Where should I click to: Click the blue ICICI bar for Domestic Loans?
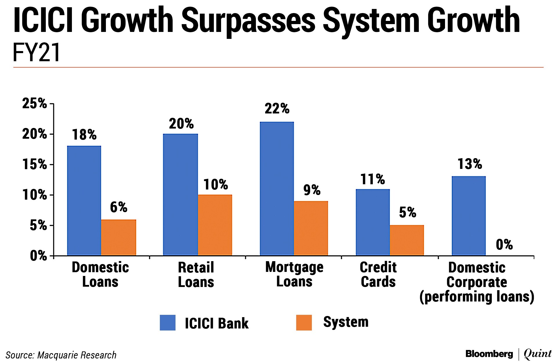click(x=84, y=201)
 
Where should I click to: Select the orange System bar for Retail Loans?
click(x=215, y=225)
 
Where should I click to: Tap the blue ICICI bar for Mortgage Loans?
click(x=277, y=189)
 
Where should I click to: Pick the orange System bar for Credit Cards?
click(x=407, y=240)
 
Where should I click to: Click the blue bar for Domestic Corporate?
click(x=469, y=216)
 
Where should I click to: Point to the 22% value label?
click(x=277, y=109)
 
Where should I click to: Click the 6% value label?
click(x=118, y=207)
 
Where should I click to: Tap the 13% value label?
click(x=470, y=164)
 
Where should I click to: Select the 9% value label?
click(x=312, y=190)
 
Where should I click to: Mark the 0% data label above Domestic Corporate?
click(x=504, y=245)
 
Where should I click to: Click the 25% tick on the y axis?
click(x=35, y=104)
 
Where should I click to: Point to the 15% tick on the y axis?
click(x=35, y=165)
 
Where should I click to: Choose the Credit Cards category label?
click(x=378, y=274)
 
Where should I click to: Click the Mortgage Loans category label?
click(x=294, y=274)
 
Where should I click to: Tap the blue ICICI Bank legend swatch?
click(x=168, y=323)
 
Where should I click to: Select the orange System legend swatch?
click(x=304, y=323)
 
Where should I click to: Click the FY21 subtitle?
click(x=37, y=53)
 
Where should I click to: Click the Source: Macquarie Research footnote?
click(x=61, y=355)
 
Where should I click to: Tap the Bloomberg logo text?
click(x=489, y=354)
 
